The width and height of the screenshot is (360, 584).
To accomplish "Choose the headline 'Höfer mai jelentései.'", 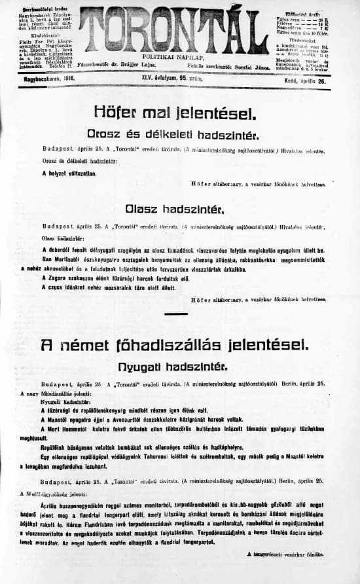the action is [x=174, y=113].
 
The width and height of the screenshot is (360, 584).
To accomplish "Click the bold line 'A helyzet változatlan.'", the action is [x=69, y=173].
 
